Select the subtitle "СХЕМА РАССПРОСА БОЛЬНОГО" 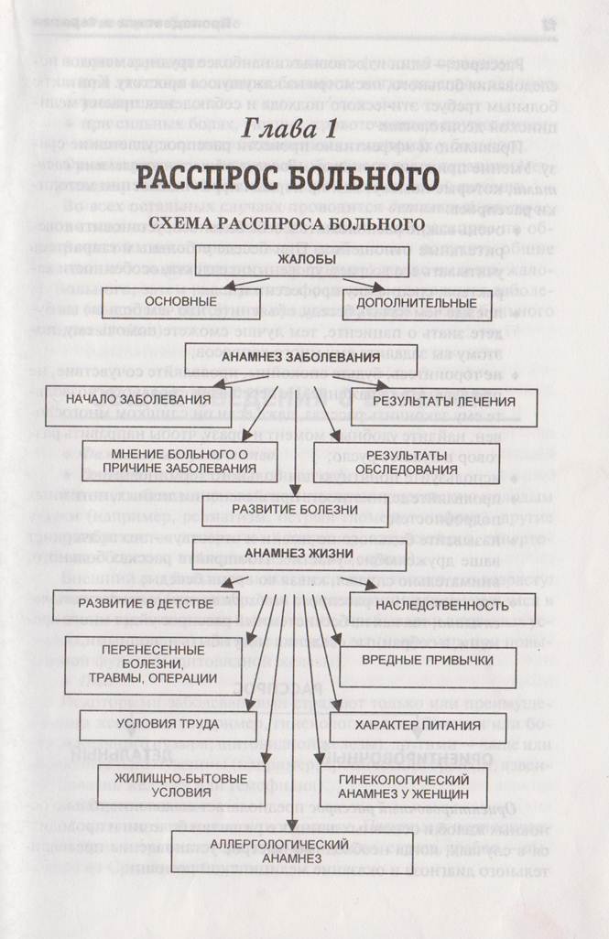click(288, 223)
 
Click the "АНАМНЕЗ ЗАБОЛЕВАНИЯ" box click(301, 357)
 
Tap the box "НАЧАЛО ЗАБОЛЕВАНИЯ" click(127, 400)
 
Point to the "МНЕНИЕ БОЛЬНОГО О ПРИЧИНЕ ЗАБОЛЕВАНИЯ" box click(181, 460)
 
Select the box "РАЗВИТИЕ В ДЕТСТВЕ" click(134, 604)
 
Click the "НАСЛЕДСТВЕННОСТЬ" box click(440, 605)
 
